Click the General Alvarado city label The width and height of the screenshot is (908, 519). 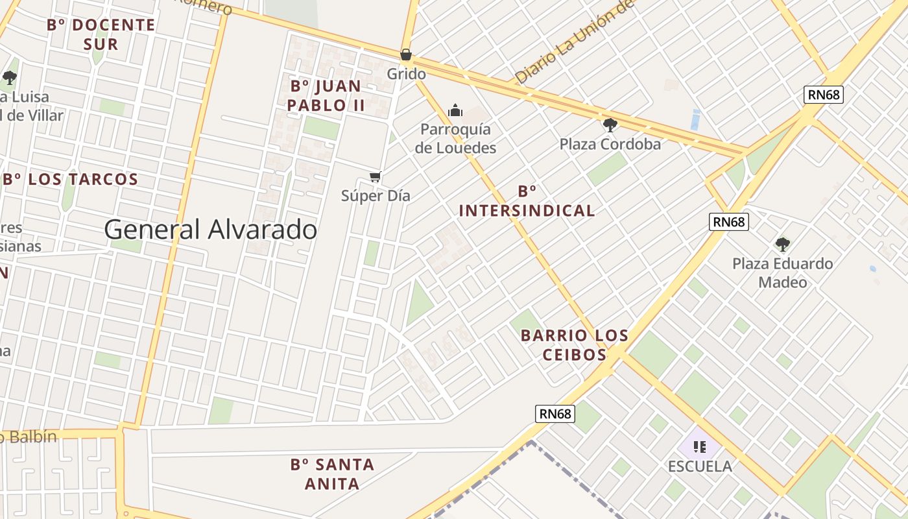[x=210, y=230]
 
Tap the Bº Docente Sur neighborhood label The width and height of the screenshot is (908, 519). [x=101, y=34]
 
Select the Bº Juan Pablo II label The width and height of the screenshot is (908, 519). [x=326, y=95]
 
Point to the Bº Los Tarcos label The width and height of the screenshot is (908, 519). [x=71, y=180]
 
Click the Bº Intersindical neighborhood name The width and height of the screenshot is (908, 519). [x=527, y=201]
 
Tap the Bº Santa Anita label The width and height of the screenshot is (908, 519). [x=332, y=474]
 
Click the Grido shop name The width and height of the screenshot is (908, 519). [x=407, y=74]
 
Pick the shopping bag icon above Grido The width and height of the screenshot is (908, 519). [x=406, y=54]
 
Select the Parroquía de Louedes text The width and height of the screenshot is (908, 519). [x=455, y=138]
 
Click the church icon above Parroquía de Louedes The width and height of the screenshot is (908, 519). [x=455, y=110]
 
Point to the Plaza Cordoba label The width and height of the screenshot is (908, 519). [x=610, y=144]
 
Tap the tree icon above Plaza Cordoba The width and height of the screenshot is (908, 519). [x=610, y=125]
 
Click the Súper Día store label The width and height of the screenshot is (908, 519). [x=376, y=195]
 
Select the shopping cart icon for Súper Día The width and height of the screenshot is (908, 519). [x=375, y=176]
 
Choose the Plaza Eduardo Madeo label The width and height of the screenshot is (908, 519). [x=783, y=273]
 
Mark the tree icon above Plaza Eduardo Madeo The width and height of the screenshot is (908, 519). [x=783, y=245]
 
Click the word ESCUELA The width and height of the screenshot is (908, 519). [x=700, y=466]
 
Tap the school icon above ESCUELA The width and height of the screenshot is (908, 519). [x=699, y=446]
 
